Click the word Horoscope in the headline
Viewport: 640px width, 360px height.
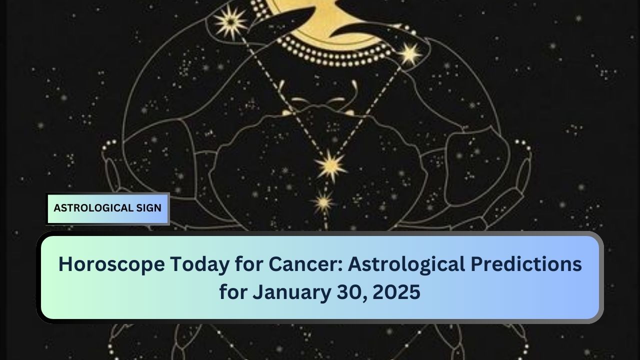click(x=111, y=264)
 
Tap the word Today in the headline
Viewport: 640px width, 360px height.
click(x=199, y=264)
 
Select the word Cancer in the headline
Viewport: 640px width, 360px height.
click(x=305, y=264)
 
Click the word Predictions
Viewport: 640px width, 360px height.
click(x=526, y=264)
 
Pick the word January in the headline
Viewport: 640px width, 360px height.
click(x=291, y=292)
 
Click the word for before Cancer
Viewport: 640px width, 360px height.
click(x=249, y=264)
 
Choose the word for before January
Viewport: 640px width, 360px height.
click(x=233, y=292)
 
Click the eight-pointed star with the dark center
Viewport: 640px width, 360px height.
click(x=230, y=22)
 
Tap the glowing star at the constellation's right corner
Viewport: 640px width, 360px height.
click(x=409, y=54)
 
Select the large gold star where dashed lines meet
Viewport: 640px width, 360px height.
click(x=331, y=165)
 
